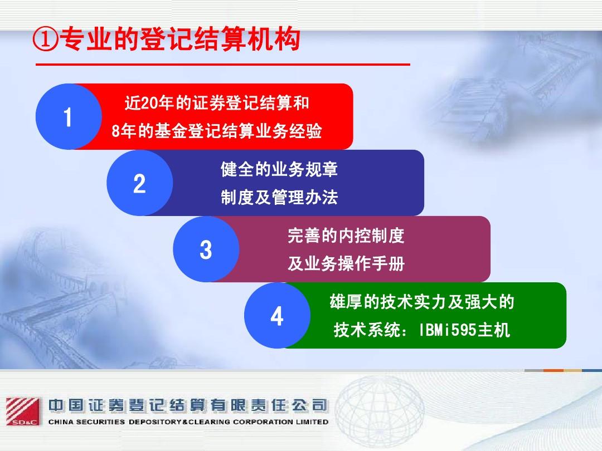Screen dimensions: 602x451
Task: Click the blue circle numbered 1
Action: tap(69, 116)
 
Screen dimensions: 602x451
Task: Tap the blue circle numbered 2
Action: tap(139, 183)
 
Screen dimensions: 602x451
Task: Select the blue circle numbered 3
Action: tap(206, 249)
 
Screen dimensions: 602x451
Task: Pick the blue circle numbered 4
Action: tap(277, 316)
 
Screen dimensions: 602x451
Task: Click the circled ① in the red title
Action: tap(46, 39)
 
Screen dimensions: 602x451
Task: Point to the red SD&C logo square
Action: tap(23, 411)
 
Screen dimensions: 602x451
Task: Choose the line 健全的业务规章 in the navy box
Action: tap(279, 169)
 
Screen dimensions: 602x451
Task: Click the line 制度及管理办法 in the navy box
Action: tap(279, 198)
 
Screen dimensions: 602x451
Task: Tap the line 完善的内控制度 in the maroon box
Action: tap(346, 236)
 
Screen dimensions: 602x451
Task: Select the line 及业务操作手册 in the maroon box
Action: tap(346, 263)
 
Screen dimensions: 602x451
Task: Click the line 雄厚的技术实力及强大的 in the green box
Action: tap(422, 302)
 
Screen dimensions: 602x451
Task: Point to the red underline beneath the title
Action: tap(222, 65)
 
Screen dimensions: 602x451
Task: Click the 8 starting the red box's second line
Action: tap(115, 131)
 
